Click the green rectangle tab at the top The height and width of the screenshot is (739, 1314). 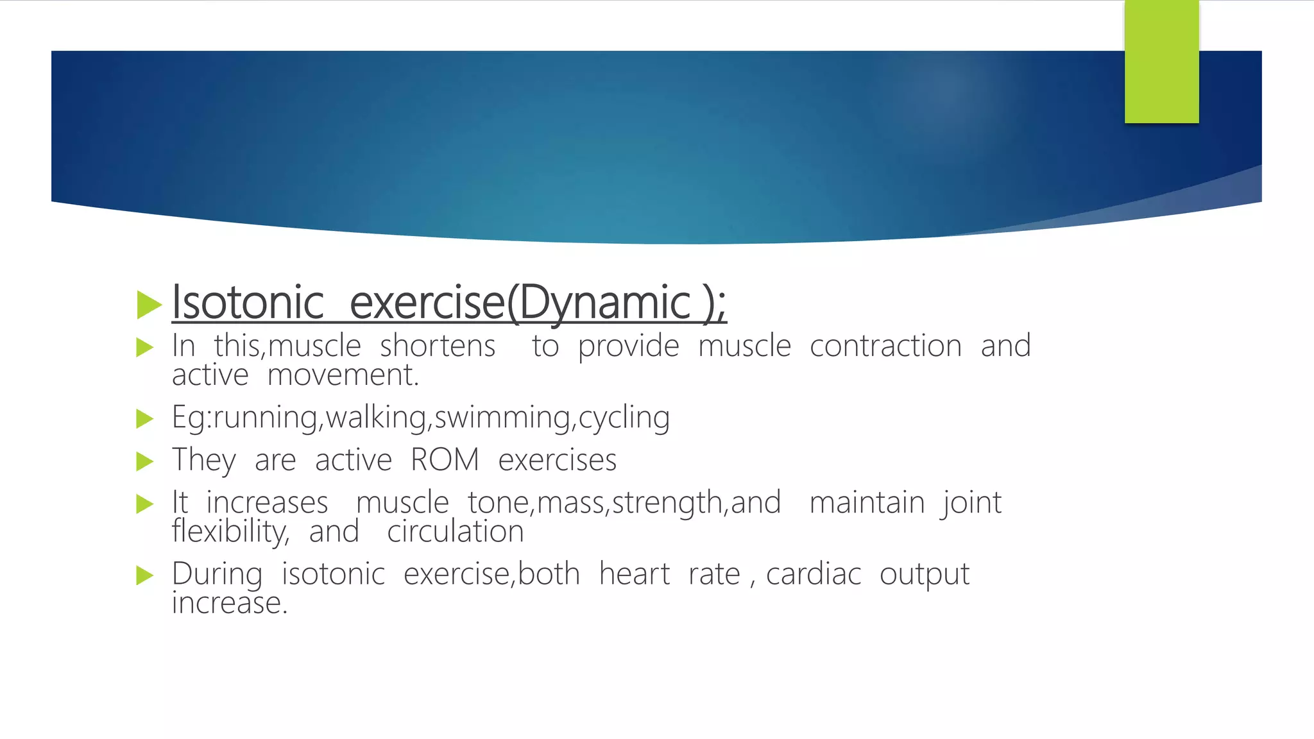[x=1161, y=62]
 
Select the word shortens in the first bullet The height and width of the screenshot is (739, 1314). [x=438, y=346]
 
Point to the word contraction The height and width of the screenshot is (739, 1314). [x=885, y=346]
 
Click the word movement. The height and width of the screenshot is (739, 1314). [x=343, y=375]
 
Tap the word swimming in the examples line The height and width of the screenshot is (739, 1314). [x=502, y=418]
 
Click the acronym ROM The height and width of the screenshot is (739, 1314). [x=445, y=460]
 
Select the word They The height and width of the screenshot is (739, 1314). [x=204, y=461]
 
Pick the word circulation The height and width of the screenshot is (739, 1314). [x=456, y=532]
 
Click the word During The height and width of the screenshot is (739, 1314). [x=217, y=574]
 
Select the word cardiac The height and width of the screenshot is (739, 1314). [x=813, y=574]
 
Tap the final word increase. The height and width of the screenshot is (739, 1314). [x=229, y=603]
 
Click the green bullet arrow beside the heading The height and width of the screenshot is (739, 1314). [x=149, y=304]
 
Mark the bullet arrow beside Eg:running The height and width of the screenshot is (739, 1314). [x=145, y=420]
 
